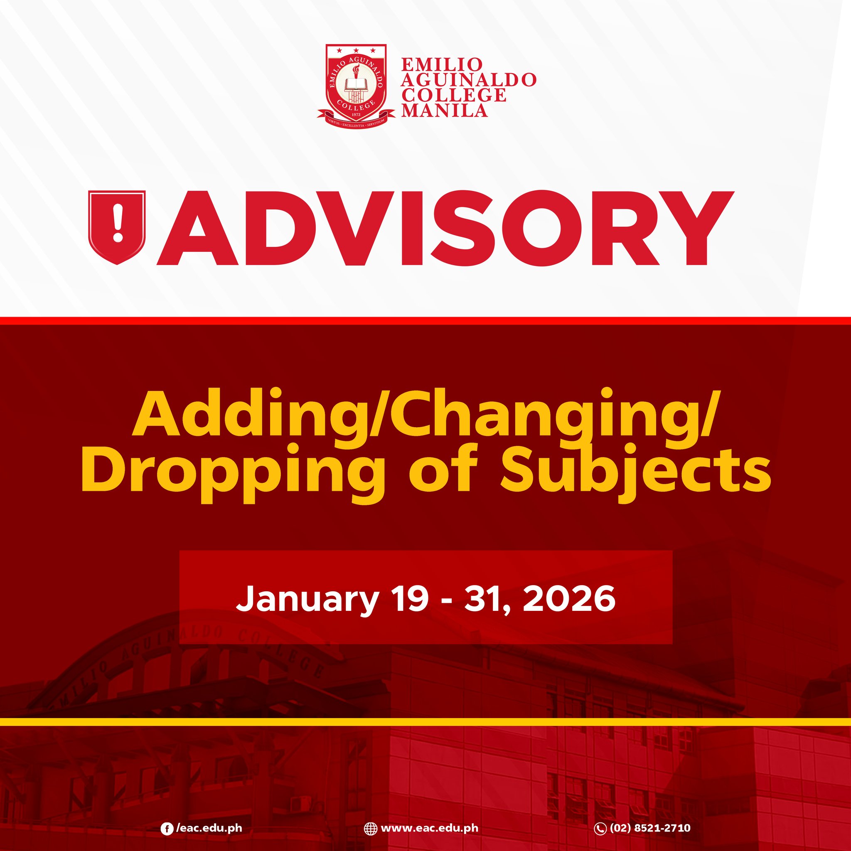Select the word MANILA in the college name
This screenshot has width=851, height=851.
point(445,110)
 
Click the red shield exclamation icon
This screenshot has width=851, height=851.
point(117,227)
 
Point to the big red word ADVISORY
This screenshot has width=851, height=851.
point(445,228)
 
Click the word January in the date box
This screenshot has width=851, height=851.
point(307,599)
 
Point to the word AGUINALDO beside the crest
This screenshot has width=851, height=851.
point(468,80)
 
